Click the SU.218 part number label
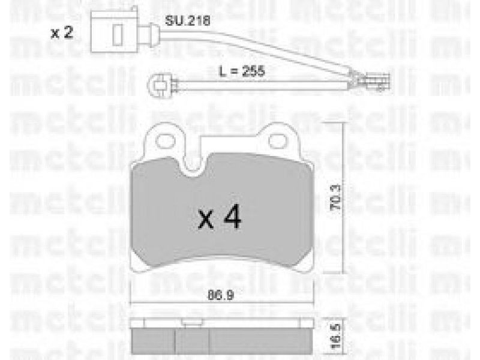click(187, 21)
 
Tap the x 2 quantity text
click(62, 32)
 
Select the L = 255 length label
click(242, 71)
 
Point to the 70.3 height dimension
click(335, 197)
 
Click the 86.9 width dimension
click(221, 295)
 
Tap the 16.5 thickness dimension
click(336, 336)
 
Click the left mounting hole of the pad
click(166, 141)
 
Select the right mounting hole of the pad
click(277, 141)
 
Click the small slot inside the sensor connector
click(117, 34)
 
